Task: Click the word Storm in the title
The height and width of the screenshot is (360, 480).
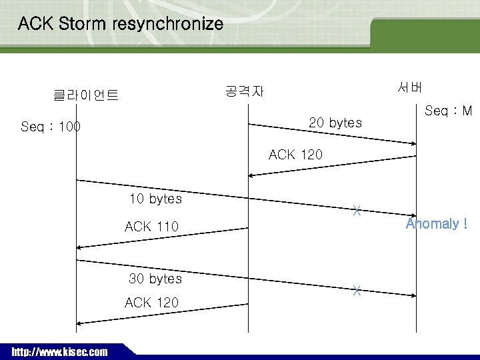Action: coord(83,25)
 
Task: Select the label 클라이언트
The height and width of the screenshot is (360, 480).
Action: coord(86,95)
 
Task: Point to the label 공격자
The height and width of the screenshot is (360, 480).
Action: coord(244,91)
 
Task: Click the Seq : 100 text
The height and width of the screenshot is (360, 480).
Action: coord(51,127)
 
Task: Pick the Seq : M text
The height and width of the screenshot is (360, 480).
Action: coord(448,111)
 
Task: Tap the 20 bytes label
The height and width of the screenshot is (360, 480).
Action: coord(335,123)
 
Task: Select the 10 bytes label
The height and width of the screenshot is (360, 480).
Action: coord(155,199)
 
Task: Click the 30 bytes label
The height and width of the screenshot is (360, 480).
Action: coord(155,279)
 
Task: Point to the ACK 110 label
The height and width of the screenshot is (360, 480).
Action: coord(151,227)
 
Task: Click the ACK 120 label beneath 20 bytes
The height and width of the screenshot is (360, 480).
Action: coord(295,155)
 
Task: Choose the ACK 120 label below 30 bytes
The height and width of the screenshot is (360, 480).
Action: coord(151,303)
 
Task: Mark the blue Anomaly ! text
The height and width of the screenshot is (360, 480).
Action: coord(437,224)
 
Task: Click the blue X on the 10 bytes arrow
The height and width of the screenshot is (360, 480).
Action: coord(357,211)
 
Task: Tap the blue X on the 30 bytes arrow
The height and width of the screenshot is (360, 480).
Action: coord(357,291)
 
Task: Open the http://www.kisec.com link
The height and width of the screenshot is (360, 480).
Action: coord(59,352)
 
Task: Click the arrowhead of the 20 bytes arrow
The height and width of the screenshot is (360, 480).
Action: coord(413,143)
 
